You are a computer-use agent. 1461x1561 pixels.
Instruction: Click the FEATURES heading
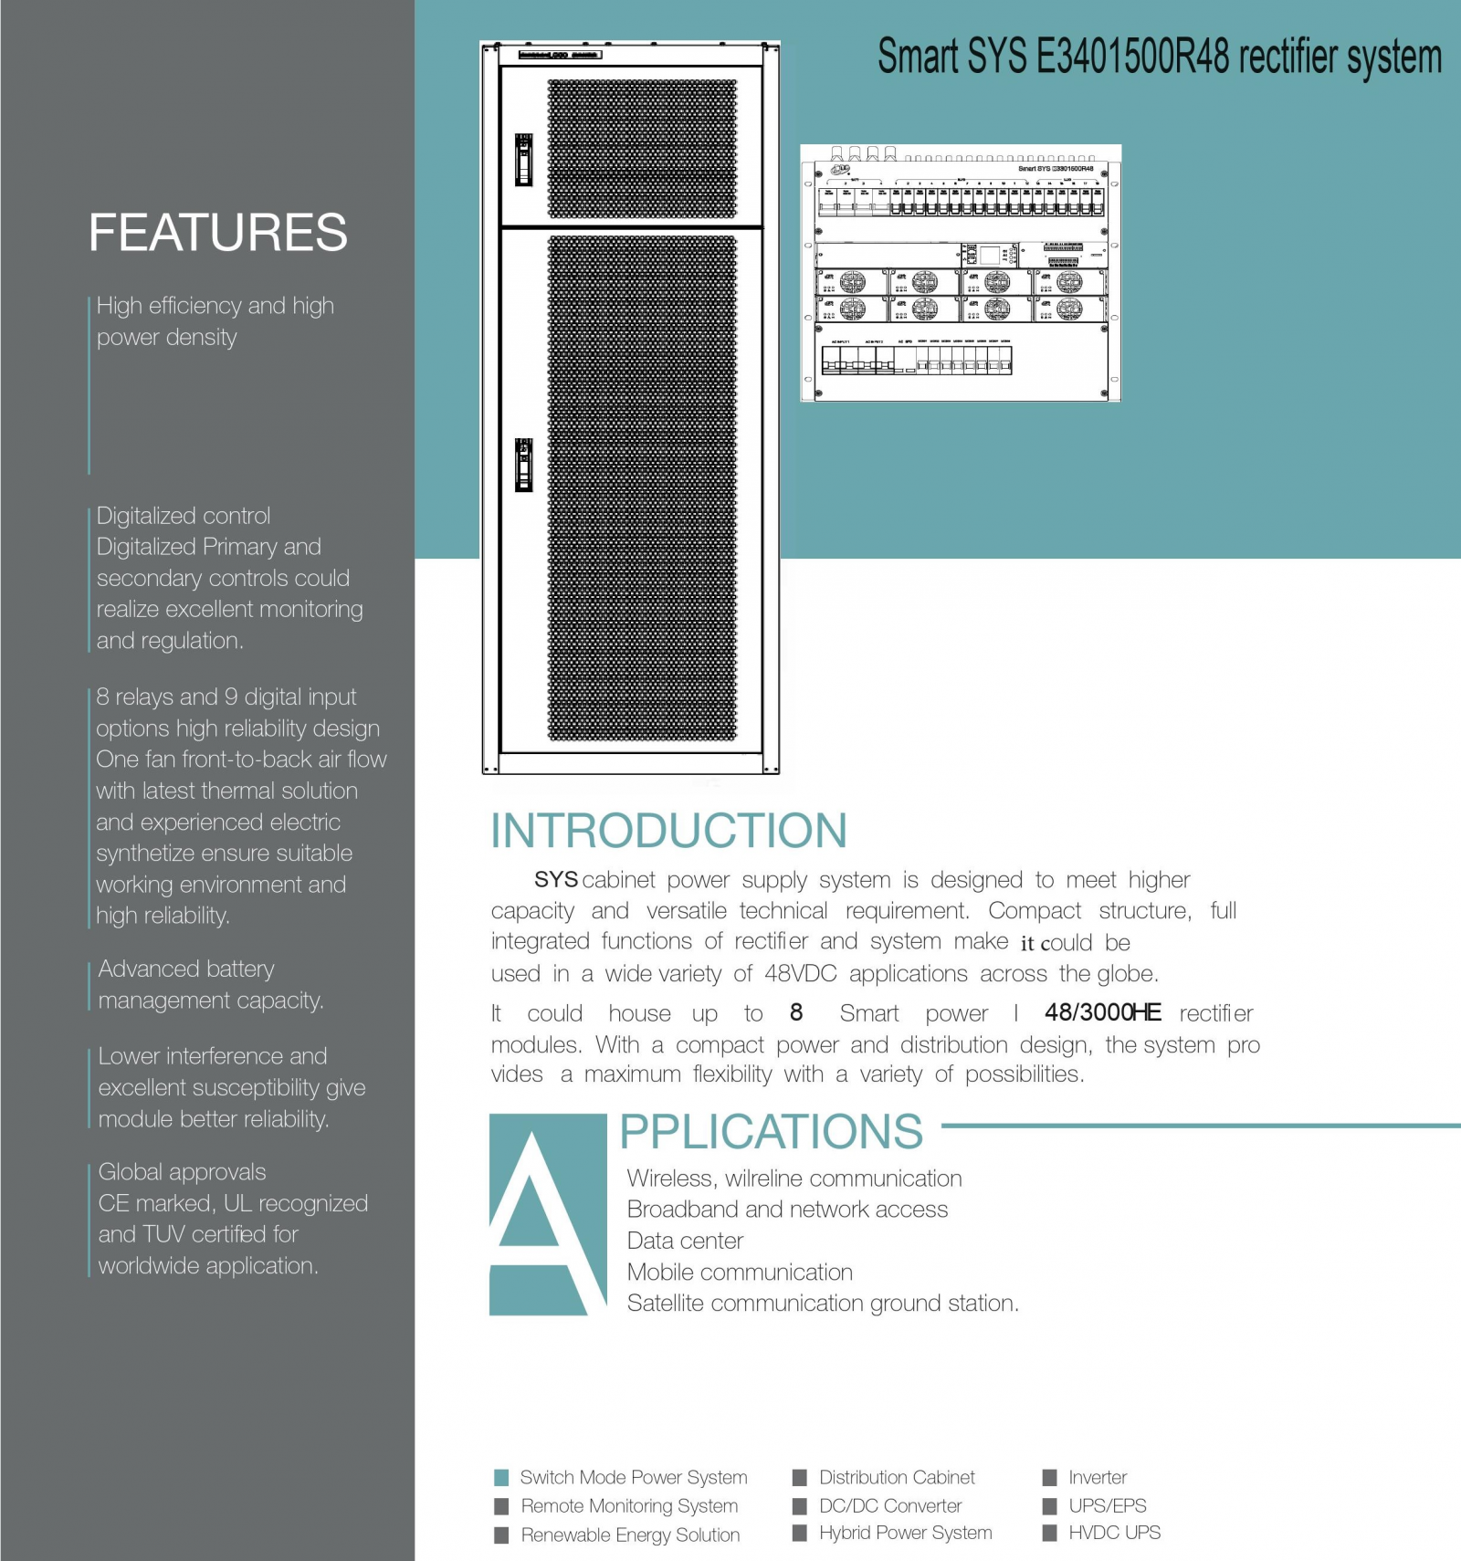click(217, 232)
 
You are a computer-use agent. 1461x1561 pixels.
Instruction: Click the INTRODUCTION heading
click(668, 831)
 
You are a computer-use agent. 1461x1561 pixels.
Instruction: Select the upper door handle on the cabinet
click(524, 160)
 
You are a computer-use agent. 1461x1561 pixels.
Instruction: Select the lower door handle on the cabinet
click(524, 464)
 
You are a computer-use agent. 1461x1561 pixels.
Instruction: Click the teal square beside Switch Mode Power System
click(501, 1477)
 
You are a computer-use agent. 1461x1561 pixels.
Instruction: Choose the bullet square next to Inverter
click(1049, 1477)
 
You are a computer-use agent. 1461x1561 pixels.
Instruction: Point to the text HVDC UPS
click(1114, 1533)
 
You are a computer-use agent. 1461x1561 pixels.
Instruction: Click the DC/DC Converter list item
click(890, 1505)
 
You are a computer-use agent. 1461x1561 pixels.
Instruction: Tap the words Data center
click(685, 1241)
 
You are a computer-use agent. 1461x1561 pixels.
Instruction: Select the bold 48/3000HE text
click(1103, 1012)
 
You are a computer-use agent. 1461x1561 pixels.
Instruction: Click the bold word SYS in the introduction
click(555, 880)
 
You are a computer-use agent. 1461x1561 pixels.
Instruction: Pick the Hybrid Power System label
click(905, 1533)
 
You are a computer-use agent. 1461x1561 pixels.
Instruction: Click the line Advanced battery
click(186, 969)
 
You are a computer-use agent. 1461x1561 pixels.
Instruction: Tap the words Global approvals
click(182, 1172)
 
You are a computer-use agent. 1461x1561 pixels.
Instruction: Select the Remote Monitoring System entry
click(629, 1505)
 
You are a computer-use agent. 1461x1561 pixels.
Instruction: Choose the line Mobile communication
click(740, 1272)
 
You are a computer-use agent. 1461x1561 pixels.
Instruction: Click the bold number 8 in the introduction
click(796, 1012)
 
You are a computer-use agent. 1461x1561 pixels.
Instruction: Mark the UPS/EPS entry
click(1107, 1505)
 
